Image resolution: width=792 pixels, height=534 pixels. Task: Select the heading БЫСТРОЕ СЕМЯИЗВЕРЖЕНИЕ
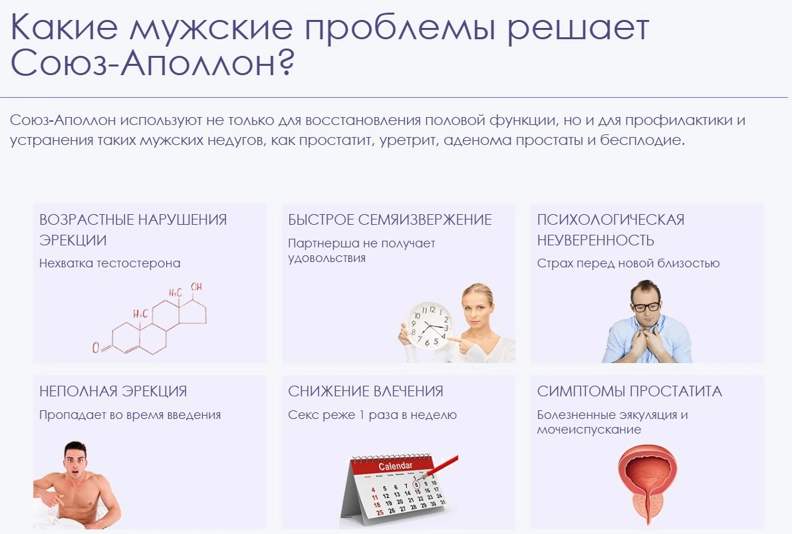(390, 219)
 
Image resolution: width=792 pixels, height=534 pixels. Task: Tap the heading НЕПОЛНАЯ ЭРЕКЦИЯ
(113, 391)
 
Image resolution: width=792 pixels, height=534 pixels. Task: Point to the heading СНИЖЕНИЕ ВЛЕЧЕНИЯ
(366, 391)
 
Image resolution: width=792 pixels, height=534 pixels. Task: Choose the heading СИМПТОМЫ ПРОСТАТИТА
(629, 391)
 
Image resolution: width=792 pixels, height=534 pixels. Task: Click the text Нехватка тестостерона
(110, 263)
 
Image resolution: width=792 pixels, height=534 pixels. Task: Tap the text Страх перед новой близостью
(628, 263)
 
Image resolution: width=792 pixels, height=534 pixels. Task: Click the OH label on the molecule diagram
(196, 287)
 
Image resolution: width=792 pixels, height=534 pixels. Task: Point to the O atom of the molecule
(96, 348)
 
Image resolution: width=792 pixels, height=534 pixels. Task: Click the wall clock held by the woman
(430, 326)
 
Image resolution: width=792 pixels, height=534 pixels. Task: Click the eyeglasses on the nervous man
(646, 305)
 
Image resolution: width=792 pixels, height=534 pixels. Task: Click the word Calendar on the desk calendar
(396, 466)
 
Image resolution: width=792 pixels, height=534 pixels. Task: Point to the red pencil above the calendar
(440, 467)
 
